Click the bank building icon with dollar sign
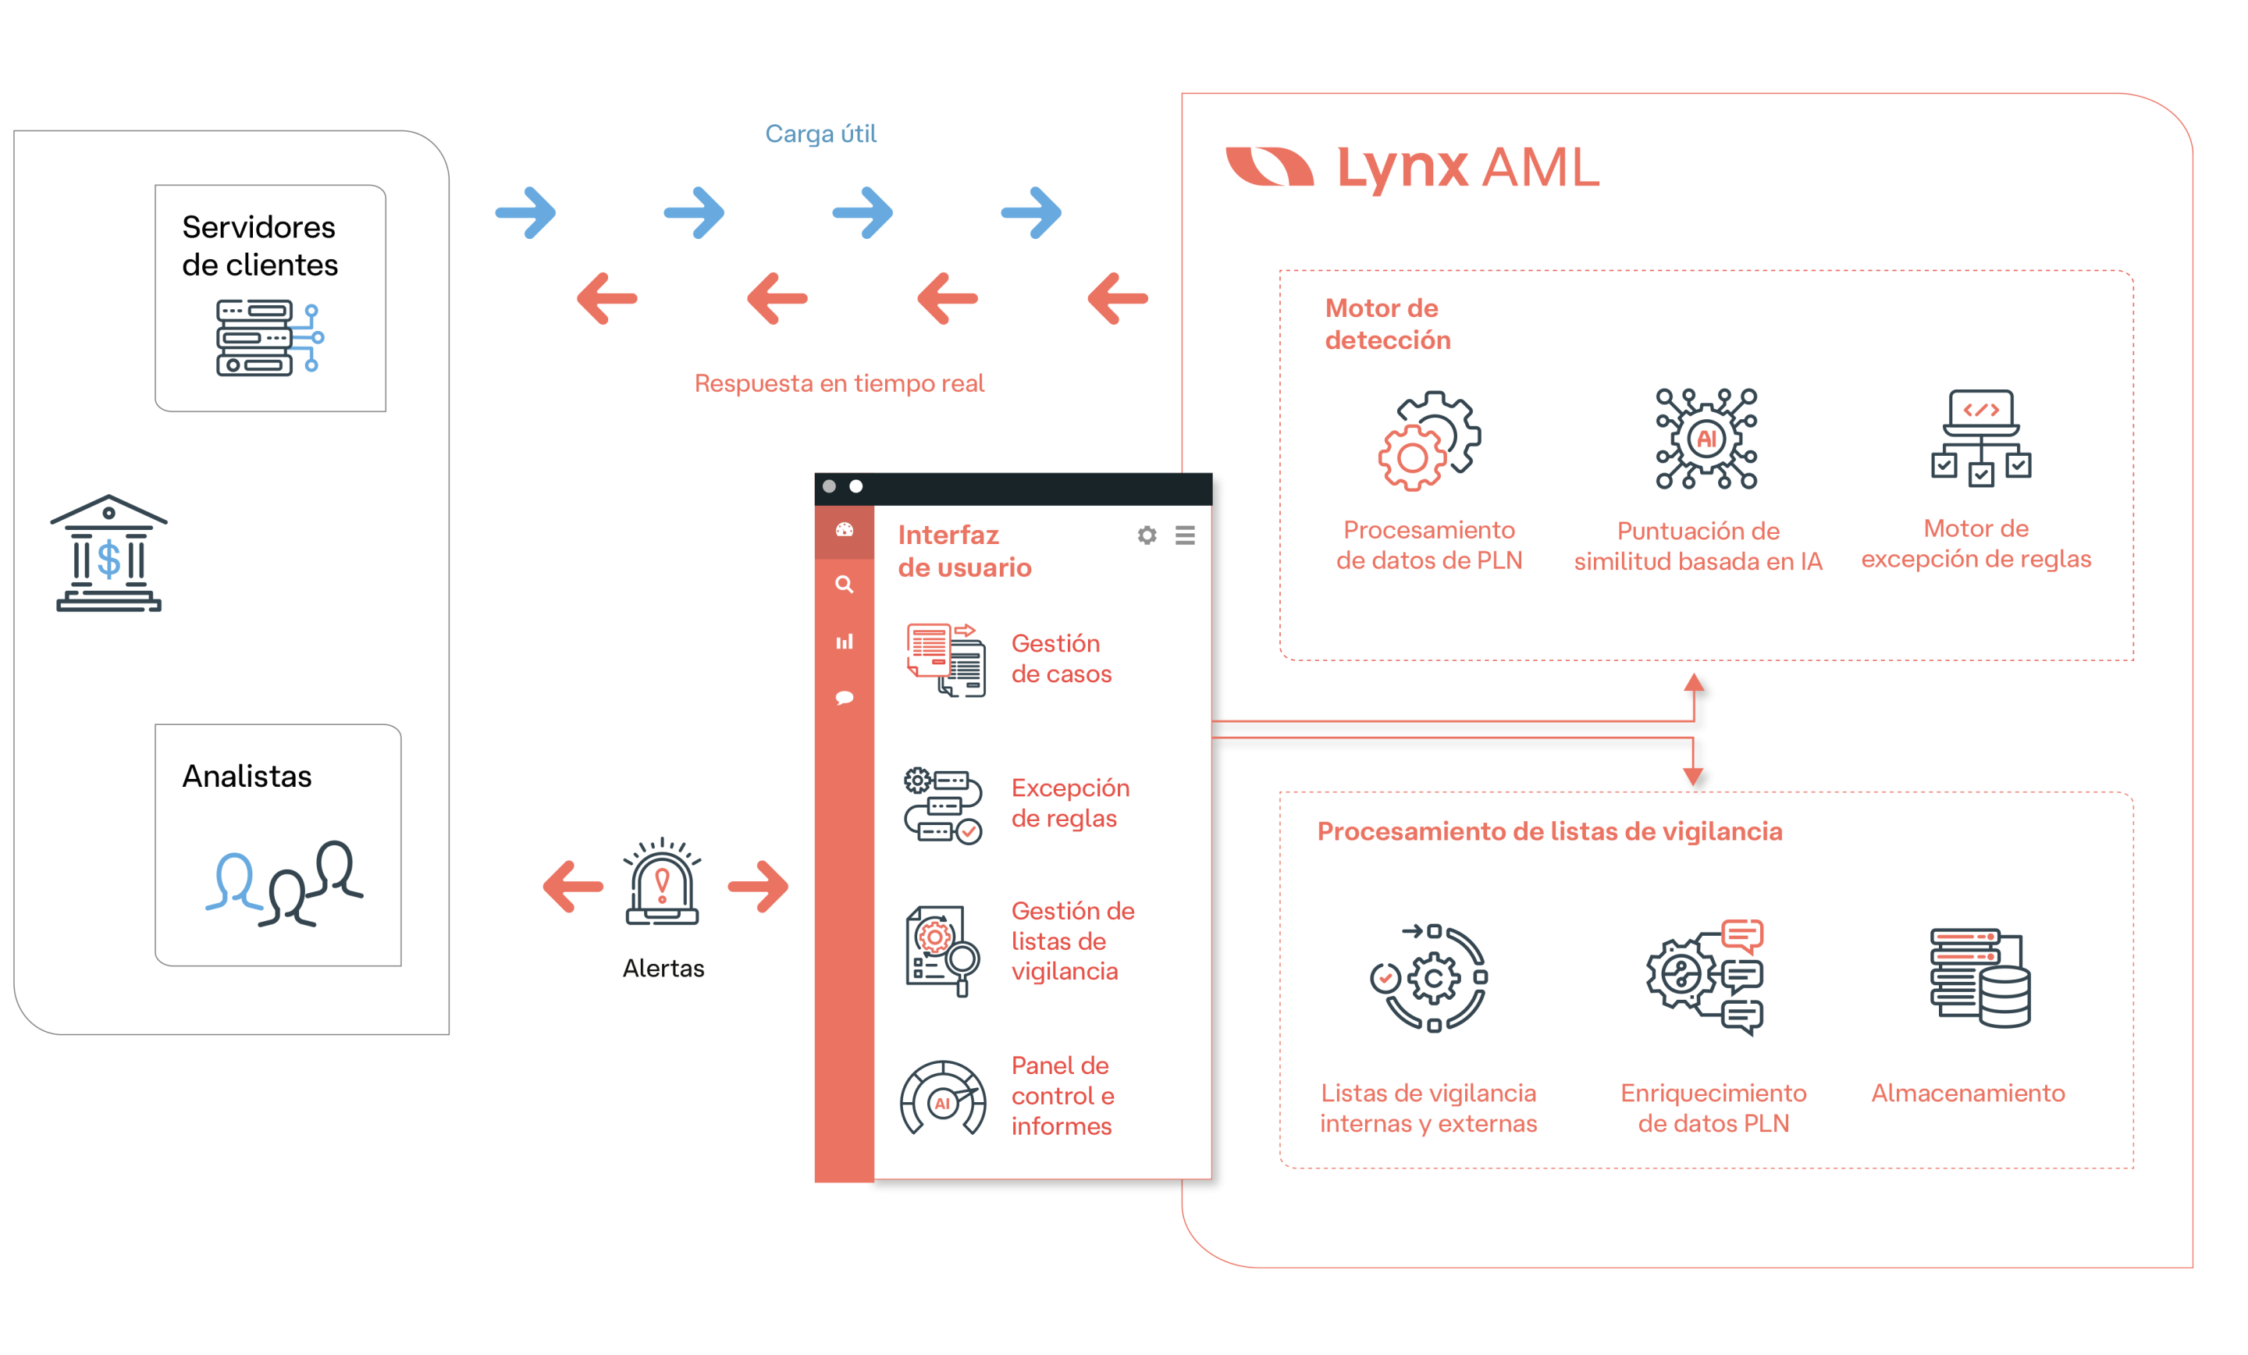(108, 553)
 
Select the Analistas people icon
(285, 884)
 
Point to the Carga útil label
(820, 134)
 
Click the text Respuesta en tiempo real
(838, 383)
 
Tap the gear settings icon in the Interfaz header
(1147, 535)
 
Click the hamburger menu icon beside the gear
(1184, 535)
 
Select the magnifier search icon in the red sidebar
(844, 584)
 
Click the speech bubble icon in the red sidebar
(844, 698)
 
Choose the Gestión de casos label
(1060, 658)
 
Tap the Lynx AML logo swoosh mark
(1269, 167)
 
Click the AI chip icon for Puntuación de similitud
(1706, 439)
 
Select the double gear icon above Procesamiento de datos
(1428, 442)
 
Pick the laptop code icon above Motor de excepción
(1979, 438)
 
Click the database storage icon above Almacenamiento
(1979, 977)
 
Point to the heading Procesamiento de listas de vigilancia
(1549, 831)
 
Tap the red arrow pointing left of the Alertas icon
(573, 886)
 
